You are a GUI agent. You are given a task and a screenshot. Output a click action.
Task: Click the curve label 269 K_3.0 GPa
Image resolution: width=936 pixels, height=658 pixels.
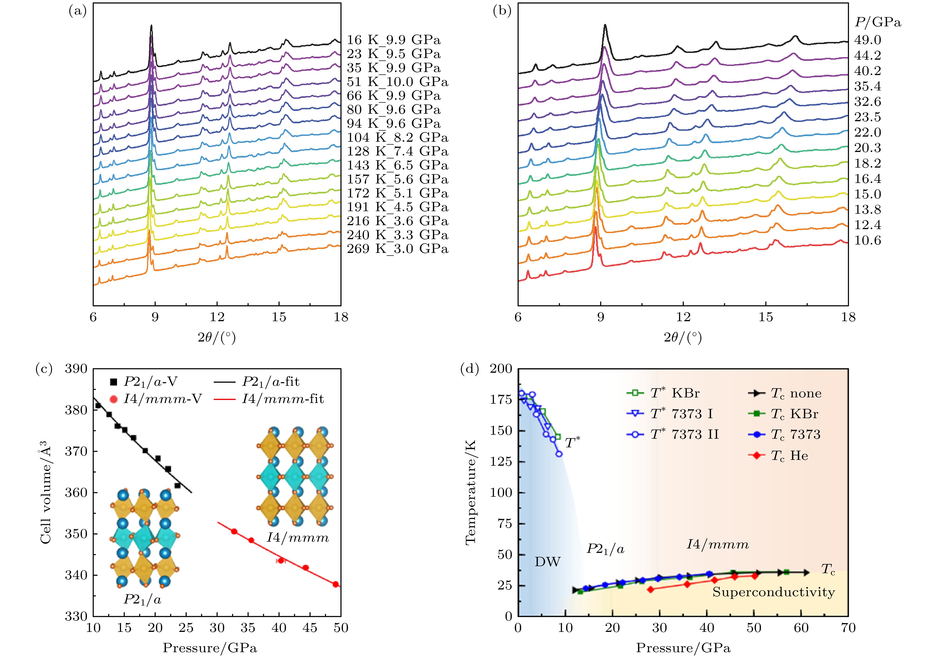(x=397, y=249)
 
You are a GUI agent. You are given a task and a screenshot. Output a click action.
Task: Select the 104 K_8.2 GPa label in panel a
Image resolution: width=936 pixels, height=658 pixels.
(x=397, y=137)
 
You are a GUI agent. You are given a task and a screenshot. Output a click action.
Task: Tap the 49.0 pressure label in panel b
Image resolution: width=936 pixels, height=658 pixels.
(x=867, y=40)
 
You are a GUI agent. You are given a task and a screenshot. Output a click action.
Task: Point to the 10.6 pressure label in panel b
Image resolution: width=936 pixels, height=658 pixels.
(x=867, y=241)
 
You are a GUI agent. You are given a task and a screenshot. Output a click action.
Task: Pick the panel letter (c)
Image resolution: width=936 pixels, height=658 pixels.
(x=44, y=369)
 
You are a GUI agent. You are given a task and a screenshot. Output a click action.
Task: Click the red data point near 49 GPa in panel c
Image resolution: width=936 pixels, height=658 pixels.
(x=336, y=584)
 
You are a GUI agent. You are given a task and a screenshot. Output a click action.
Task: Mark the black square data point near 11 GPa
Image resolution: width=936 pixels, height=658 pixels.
(x=98, y=405)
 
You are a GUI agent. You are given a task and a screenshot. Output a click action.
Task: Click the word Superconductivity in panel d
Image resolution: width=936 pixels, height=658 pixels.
(x=773, y=592)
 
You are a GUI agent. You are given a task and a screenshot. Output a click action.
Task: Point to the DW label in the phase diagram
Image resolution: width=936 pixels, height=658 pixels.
(x=547, y=562)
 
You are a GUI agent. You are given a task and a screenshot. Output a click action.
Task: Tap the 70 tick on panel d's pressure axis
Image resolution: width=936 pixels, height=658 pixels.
(x=848, y=627)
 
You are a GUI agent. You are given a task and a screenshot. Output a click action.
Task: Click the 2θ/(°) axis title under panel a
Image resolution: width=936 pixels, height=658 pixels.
(x=217, y=337)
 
